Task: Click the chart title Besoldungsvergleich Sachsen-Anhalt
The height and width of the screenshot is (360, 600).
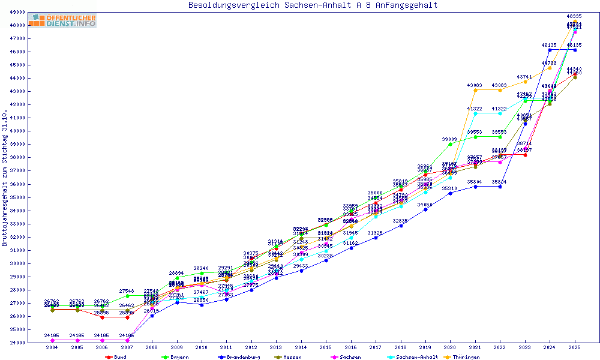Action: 313,5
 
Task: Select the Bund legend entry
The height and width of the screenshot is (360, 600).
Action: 116,357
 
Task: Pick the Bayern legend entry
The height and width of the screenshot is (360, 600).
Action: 176,357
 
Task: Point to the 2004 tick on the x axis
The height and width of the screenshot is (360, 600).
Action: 52,347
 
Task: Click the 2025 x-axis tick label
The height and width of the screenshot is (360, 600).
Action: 575,347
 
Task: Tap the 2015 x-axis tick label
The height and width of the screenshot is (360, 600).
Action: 326,347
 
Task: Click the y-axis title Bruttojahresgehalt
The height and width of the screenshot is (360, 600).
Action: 5,178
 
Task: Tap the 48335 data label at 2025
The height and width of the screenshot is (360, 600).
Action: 574,17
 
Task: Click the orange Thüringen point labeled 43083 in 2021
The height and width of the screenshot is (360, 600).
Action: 475,91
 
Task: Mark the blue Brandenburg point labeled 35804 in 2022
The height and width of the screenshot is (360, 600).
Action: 500,187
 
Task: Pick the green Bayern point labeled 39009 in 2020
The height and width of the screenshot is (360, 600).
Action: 450,144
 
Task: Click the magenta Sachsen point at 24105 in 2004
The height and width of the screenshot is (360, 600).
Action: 52,340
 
